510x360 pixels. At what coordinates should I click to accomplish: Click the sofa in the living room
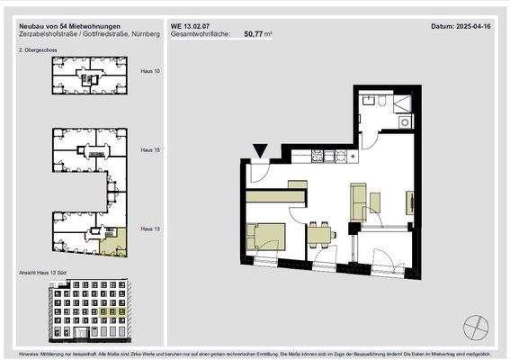coord(360,200)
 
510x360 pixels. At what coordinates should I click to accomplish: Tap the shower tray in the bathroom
coord(402,101)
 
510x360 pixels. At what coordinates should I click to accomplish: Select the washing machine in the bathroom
coord(405,121)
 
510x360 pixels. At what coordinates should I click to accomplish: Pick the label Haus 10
coord(150,69)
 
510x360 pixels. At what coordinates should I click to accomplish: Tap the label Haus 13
coord(150,230)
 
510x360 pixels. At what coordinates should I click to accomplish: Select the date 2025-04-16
coord(476,27)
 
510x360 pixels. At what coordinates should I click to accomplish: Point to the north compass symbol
coord(475,327)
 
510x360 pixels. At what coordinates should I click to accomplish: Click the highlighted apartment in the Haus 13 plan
coord(115,242)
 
